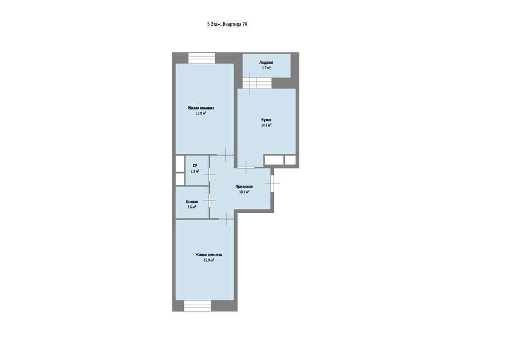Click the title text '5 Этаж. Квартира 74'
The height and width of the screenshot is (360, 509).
pos(227,24)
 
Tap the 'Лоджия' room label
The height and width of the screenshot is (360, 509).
pos(266,62)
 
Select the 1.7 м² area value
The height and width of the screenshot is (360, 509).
pos(266,68)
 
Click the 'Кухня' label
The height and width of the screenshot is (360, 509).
pos(266,120)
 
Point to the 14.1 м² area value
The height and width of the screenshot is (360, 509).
pos(266,125)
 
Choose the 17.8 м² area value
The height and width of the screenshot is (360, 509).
pos(201,113)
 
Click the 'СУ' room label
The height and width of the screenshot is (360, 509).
pos(195,166)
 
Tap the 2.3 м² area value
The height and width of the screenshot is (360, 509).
pos(195,171)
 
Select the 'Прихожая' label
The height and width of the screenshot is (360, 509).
pos(244,186)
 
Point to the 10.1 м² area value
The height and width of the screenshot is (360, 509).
pos(244,192)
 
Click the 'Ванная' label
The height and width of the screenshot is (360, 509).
pos(192,201)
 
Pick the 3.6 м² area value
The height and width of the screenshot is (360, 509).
pos(192,207)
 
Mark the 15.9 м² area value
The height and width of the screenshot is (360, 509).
pos(208,260)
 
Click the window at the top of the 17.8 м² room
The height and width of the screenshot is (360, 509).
pos(202,58)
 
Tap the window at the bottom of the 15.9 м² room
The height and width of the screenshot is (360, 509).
pos(197,306)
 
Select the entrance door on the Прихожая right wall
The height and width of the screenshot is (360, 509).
pos(272,184)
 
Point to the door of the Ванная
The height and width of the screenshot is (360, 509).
pos(209,200)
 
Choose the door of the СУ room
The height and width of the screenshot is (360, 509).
pos(209,175)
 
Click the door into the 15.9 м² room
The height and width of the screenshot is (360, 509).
pos(226,219)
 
